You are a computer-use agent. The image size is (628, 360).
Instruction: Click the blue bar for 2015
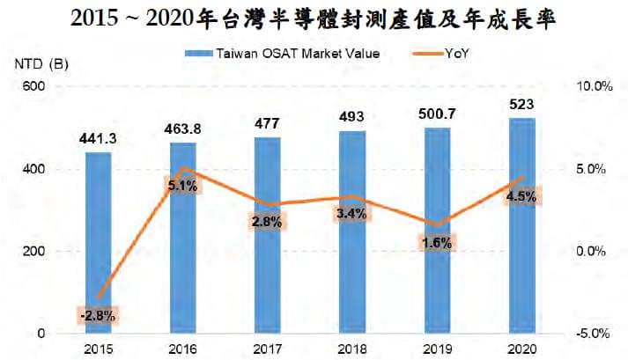(99, 243)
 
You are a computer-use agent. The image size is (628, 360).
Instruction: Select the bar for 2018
(352, 232)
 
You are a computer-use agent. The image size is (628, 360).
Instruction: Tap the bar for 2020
(521, 226)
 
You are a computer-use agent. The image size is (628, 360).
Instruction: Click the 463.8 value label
(183, 129)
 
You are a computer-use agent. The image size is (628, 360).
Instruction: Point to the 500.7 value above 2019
(437, 114)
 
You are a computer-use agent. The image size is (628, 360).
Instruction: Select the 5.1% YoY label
(183, 186)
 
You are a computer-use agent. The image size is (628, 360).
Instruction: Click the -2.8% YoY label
(98, 316)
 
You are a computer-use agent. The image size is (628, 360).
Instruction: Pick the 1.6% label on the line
(437, 243)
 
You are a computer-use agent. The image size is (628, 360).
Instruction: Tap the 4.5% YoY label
(521, 196)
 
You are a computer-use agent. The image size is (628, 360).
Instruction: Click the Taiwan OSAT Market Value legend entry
(283, 54)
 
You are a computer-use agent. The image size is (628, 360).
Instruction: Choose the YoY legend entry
(440, 54)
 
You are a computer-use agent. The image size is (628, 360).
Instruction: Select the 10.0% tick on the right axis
(595, 86)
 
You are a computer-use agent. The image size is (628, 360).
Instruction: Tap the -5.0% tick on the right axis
(593, 334)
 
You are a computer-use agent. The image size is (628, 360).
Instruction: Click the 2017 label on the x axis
(268, 349)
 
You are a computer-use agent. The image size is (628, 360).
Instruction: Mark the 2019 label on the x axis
(437, 349)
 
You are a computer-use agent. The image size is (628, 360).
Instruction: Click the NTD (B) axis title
(41, 64)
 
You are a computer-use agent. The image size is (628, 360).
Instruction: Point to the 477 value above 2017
(268, 123)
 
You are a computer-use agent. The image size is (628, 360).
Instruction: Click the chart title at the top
(314, 18)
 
